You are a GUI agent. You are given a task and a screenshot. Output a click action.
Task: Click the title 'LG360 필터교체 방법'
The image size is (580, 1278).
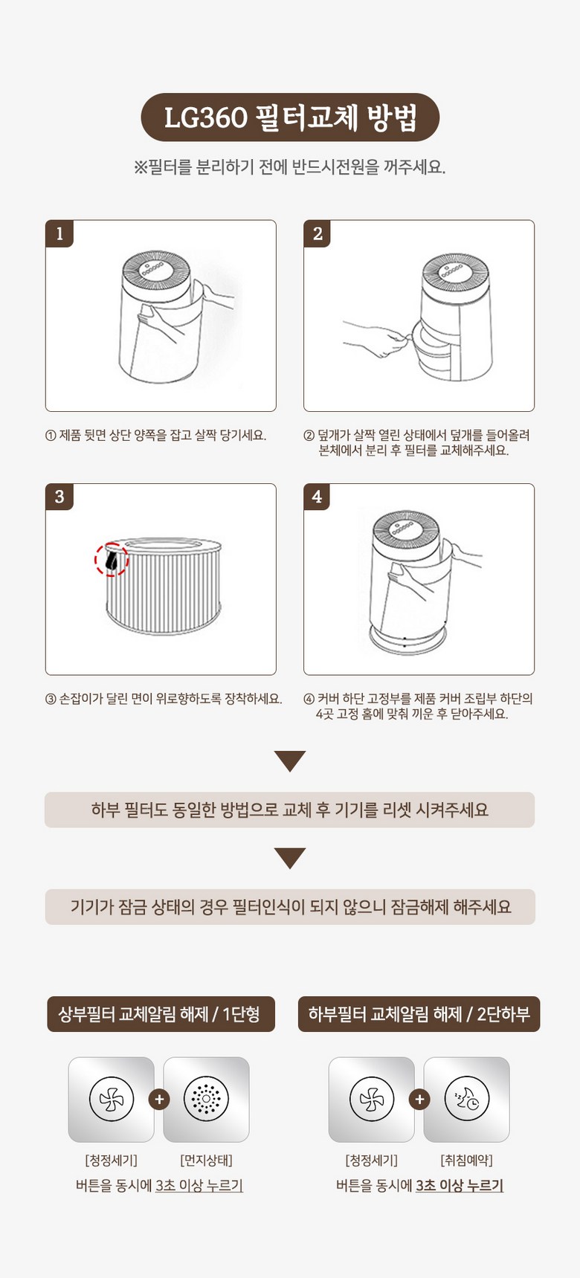coord(290,117)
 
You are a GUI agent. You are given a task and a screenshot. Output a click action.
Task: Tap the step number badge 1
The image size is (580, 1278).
coord(59,233)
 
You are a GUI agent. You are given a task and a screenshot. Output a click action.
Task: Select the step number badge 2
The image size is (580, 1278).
coord(318,233)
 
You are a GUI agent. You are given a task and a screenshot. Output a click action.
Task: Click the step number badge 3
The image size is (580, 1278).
coord(59,497)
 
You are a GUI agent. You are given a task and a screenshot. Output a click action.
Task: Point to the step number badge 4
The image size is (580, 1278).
coord(318,497)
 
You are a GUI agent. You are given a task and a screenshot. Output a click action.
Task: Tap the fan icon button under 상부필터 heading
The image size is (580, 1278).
coord(112,1100)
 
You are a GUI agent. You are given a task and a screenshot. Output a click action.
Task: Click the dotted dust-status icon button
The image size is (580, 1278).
coord(206,1100)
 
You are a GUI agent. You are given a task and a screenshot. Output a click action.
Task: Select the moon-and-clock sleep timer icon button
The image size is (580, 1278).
coord(466,1100)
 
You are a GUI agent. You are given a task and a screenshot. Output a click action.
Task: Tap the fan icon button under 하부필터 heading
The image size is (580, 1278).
coord(372,1100)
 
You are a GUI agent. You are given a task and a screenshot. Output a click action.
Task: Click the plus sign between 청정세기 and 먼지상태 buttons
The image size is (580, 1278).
coord(158,1099)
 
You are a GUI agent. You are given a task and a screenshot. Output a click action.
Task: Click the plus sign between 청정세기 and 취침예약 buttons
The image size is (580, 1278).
coord(419,1099)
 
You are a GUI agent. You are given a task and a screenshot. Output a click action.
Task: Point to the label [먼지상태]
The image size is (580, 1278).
coord(207,1161)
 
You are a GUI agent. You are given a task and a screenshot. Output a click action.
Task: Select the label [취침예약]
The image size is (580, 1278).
coord(467,1161)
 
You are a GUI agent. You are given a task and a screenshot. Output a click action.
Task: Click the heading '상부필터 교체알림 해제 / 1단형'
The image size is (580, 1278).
coord(161,1014)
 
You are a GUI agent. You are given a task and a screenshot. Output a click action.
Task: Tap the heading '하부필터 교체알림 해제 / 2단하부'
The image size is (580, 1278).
coord(419,1014)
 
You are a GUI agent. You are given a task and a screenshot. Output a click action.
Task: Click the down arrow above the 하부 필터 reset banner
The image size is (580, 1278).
coord(290,761)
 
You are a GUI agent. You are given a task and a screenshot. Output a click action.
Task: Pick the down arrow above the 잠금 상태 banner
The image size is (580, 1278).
coord(290,858)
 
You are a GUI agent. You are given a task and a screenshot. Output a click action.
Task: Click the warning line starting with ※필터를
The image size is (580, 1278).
coord(290,167)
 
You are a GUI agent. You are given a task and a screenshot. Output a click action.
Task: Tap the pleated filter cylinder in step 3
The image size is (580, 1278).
coord(164,587)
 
